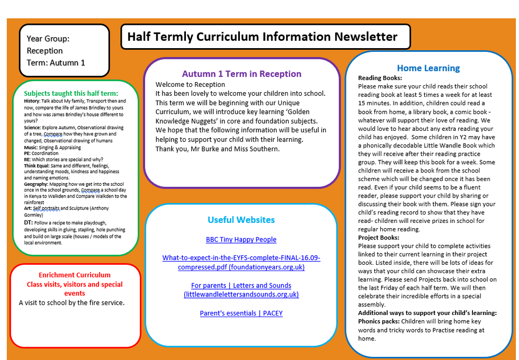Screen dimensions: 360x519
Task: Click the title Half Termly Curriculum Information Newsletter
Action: click(262, 37)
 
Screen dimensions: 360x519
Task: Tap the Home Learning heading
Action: click(428, 68)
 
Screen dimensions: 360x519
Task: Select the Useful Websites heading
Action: click(241, 220)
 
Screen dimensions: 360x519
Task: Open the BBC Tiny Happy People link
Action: click(241, 239)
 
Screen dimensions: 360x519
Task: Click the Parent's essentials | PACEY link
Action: click(241, 313)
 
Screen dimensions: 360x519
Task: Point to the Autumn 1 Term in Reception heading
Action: click(241, 74)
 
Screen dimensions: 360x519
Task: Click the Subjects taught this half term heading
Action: click(75, 93)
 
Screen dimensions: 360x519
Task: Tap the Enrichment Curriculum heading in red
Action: click(75, 275)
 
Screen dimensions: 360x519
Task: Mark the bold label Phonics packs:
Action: click(379, 321)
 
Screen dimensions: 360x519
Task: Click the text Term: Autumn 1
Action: click(56, 62)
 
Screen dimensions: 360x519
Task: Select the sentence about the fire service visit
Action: click(71, 303)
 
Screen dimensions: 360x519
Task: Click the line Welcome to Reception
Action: click(190, 84)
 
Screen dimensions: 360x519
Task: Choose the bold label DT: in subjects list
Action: click(29, 223)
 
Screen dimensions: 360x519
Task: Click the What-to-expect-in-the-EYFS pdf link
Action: click(241, 263)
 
